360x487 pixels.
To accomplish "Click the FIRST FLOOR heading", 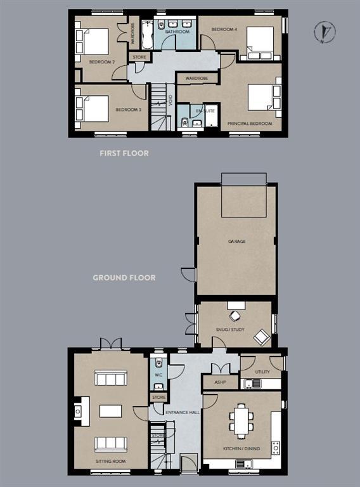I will click(x=124, y=153).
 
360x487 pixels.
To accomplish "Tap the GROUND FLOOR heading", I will click(x=124, y=278).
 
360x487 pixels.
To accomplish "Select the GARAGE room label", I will click(x=236, y=242).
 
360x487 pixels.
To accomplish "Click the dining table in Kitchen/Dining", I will click(x=241, y=421).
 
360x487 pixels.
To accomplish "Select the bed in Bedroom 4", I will click(x=260, y=43).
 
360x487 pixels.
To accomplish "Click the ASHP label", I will click(x=220, y=383).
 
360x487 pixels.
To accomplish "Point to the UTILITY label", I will click(x=262, y=372).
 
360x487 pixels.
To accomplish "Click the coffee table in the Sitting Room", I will click(x=110, y=411).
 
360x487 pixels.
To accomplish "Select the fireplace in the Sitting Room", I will click(x=77, y=412).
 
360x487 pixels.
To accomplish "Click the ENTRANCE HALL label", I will click(x=183, y=412).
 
